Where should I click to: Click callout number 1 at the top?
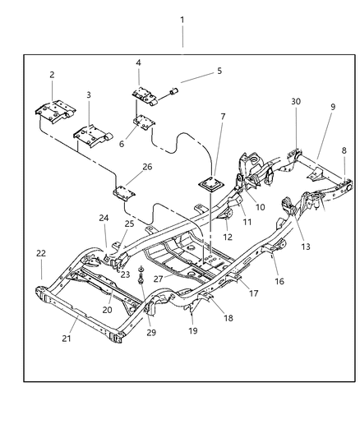182,20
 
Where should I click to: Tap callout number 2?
51,75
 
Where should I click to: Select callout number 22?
40,252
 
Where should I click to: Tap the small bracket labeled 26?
125,194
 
